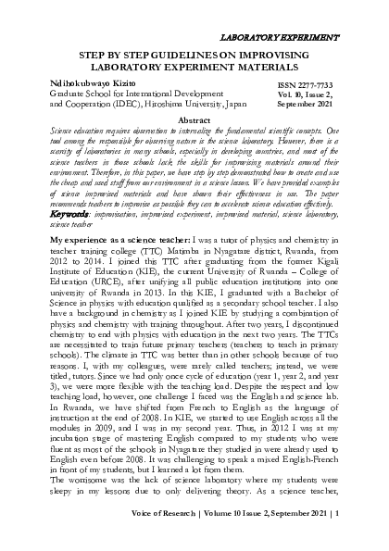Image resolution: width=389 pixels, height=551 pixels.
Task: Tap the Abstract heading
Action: click(194, 121)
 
